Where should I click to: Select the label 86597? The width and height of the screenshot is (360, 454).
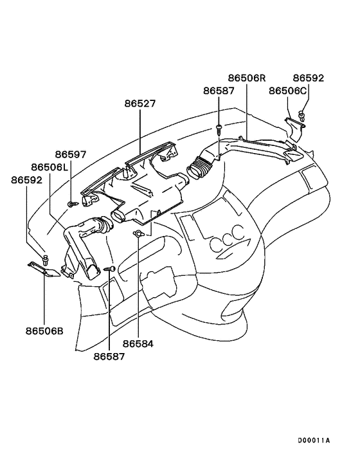(x=71, y=154)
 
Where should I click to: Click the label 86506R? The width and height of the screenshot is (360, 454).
(x=246, y=78)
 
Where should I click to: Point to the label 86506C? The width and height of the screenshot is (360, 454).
(x=287, y=91)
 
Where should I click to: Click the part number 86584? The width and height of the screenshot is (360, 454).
(x=138, y=344)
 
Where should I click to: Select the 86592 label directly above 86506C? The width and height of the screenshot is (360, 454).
(x=309, y=78)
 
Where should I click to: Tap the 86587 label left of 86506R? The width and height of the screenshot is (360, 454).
(x=220, y=91)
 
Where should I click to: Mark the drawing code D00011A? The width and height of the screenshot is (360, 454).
(x=314, y=441)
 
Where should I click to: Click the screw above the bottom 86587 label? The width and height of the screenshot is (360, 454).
(x=111, y=268)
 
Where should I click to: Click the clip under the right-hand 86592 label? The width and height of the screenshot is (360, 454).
(x=302, y=116)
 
